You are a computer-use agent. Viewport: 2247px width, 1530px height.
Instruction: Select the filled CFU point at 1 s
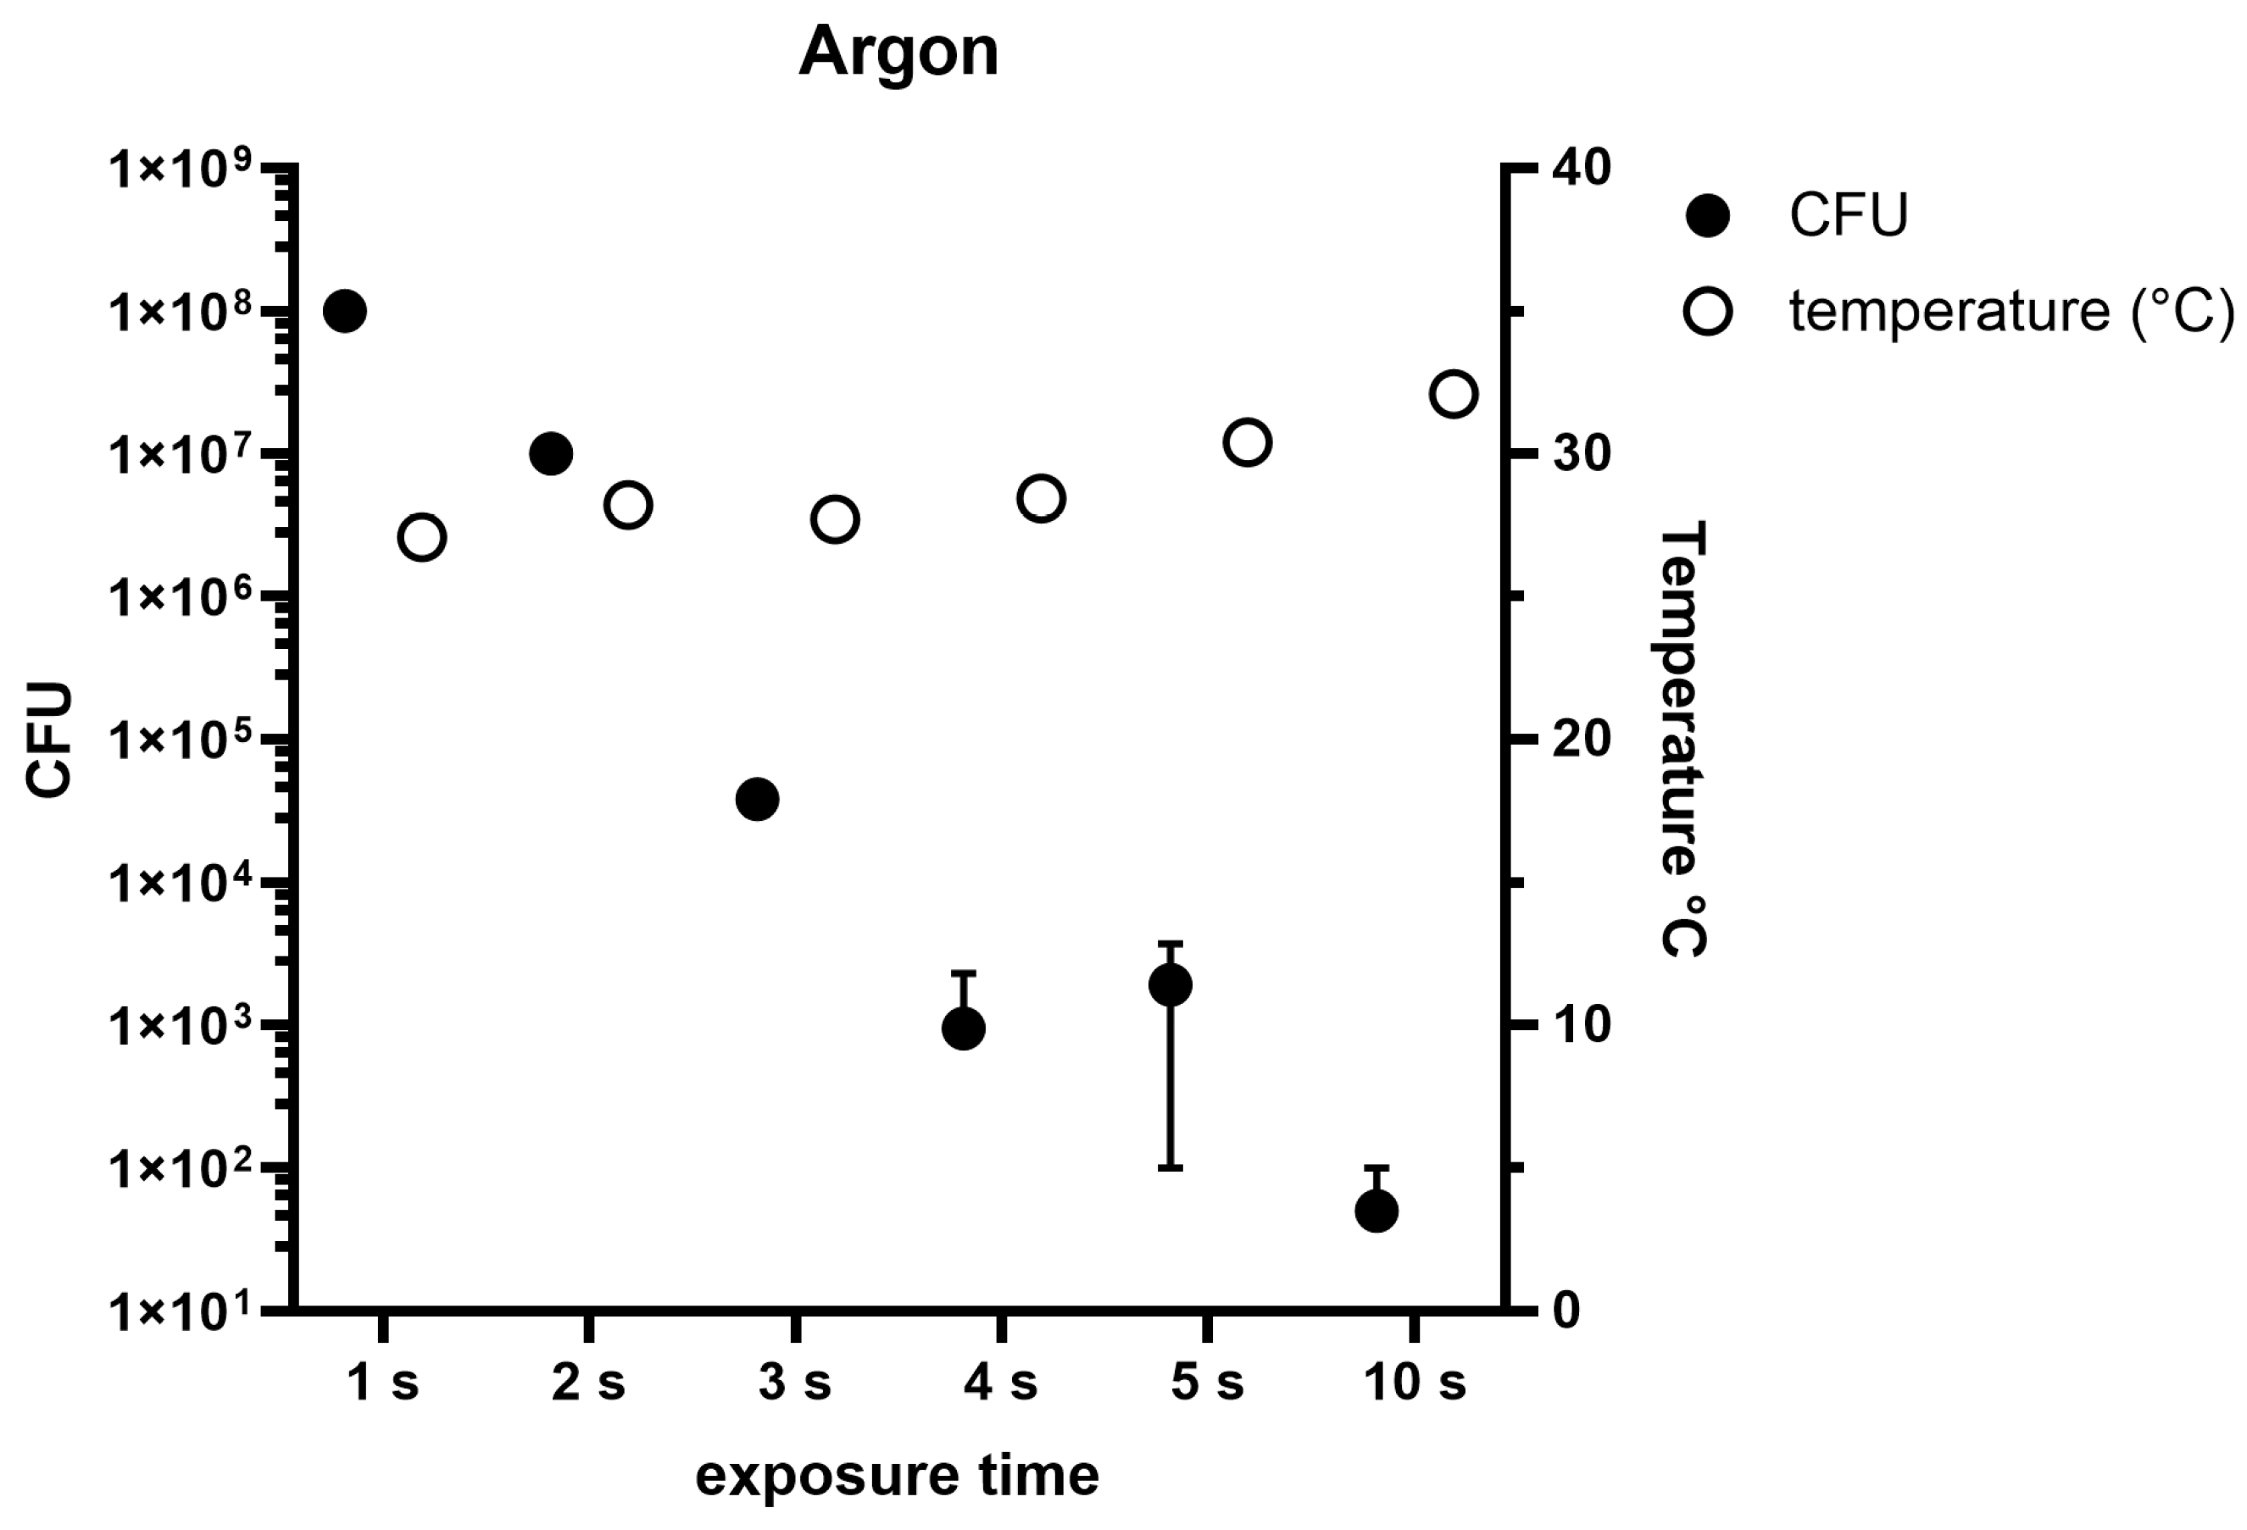(x=344, y=311)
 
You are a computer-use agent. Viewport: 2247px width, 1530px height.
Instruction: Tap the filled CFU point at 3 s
(x=757, y=800)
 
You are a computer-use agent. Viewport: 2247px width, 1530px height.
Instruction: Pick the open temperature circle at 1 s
(x=421, y=537)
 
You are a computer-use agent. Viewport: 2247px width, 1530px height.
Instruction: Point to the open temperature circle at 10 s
(x=1453, y=394)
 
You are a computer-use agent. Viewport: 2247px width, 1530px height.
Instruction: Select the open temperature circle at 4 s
(x=1040, y=499)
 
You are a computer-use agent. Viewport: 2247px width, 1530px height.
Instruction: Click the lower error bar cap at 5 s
(x=1170, y=1167)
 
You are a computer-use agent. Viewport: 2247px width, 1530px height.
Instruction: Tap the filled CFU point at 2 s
(x=551, y=453)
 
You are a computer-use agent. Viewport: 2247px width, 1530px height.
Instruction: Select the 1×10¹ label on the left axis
(x=180, y=1311)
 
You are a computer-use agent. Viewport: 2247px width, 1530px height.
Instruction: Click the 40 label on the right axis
(x=1581, y=169)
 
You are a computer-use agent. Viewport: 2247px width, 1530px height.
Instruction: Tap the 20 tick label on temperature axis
(x=1581, y=740)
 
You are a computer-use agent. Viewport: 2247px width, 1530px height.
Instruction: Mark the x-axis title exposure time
(x=898, y=1476)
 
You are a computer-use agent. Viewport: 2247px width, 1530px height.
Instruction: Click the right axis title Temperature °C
(x=1682, y=739)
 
